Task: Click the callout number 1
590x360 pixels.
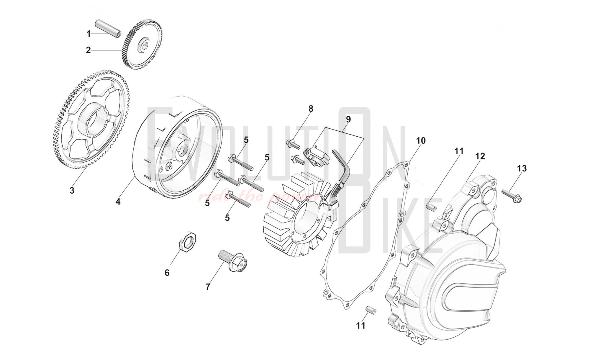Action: pos(88,34)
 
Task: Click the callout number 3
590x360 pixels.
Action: pos(72,190)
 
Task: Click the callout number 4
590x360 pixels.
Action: pos(118,202)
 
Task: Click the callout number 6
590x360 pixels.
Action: pos(167,273)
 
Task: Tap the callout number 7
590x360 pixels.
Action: pos(208,287)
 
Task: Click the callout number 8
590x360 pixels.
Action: pos(311,109)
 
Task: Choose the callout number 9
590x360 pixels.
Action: pos(348,120)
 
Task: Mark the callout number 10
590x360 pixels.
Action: pos(421,141)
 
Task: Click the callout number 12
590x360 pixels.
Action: pos(480,156)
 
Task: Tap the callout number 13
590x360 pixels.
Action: pos(522,168)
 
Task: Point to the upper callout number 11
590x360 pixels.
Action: pos(459,151)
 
